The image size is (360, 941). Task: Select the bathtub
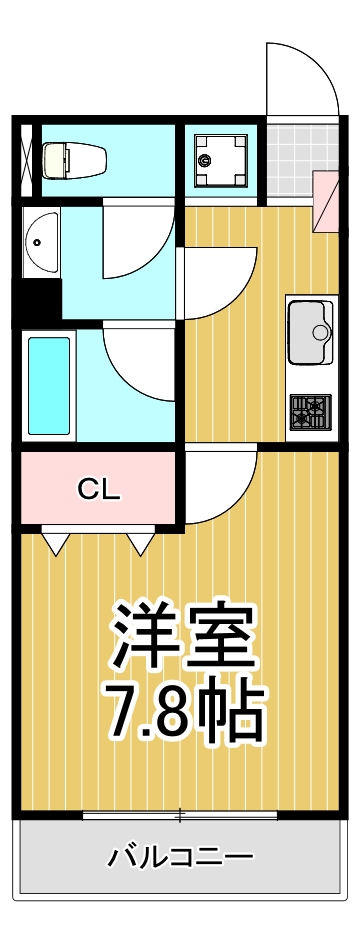[x=49, y=384]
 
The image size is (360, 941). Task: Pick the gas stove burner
[x=310, y=410]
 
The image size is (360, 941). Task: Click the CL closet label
[x=99, y=489]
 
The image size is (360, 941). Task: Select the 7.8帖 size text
[x=185, y=709]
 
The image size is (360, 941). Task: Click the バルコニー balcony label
[x=181, y=857]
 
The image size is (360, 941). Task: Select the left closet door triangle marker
[x=56, y=543]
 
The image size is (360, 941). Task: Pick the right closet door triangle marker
[x=140, y=543]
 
